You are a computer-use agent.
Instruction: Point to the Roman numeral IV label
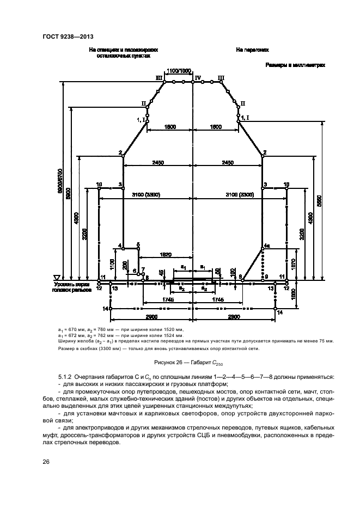coord(198,78)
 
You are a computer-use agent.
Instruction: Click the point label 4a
coord(266,246)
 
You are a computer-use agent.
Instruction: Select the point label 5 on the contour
coord(138,244)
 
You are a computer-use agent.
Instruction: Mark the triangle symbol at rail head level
coord(56,277)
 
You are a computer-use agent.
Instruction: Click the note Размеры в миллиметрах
coord(295,65)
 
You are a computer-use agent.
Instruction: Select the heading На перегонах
coord(253,50)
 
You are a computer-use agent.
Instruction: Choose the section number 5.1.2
coord(67,377)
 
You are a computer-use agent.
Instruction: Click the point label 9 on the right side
coord(266,277)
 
